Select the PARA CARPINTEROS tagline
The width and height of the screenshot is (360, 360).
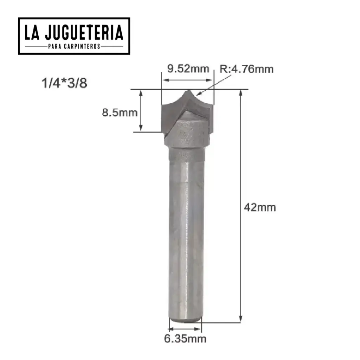click(x=74, y=46)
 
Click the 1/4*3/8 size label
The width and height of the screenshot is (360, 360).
click(x=64, y=84)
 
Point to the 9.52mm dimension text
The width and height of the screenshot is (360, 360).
click(x=188, y=69)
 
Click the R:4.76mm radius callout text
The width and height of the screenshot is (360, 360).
click(x=246, y=69)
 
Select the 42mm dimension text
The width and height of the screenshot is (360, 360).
click(x=260, y=207)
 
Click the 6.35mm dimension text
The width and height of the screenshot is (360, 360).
click(x=185, y=339)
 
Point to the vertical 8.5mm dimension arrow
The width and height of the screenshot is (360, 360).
click(x=141, y=110)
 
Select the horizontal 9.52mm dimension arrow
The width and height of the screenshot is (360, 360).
click(x=188, y=81)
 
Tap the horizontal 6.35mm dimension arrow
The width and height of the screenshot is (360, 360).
click(x=185, y=329)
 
